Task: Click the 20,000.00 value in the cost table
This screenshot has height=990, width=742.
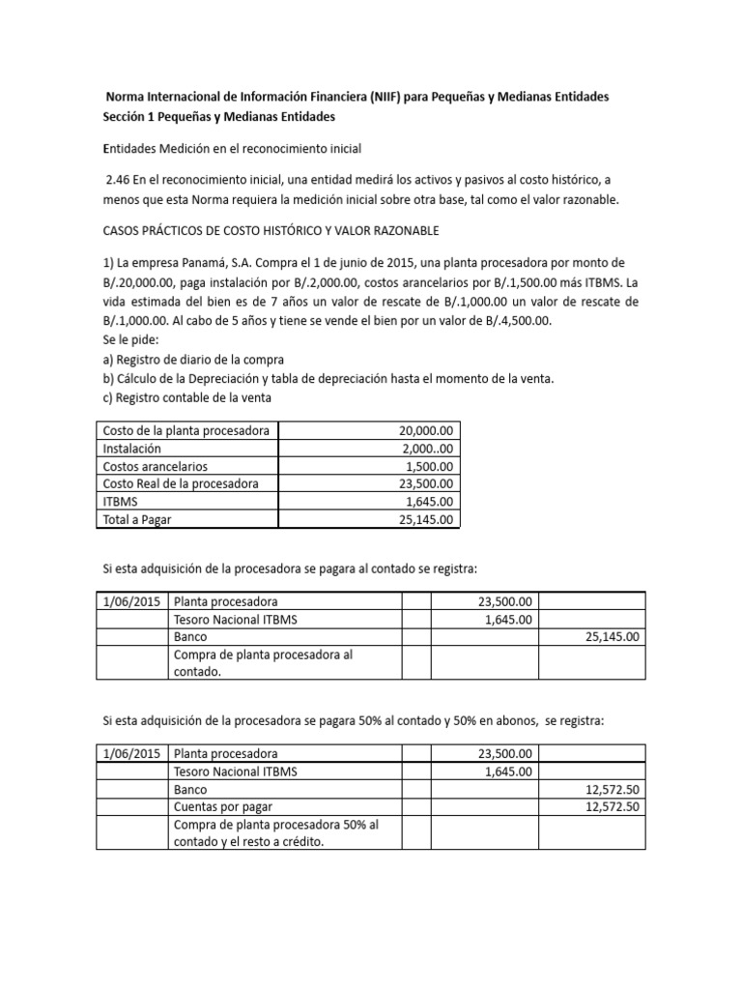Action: [430, 430]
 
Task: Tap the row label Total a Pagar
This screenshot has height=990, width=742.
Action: [143, 519]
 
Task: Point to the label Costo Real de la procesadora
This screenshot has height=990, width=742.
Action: [180, 483]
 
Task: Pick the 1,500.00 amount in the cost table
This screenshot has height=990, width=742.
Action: [434, 466]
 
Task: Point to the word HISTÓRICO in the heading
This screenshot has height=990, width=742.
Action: [292, 231]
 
